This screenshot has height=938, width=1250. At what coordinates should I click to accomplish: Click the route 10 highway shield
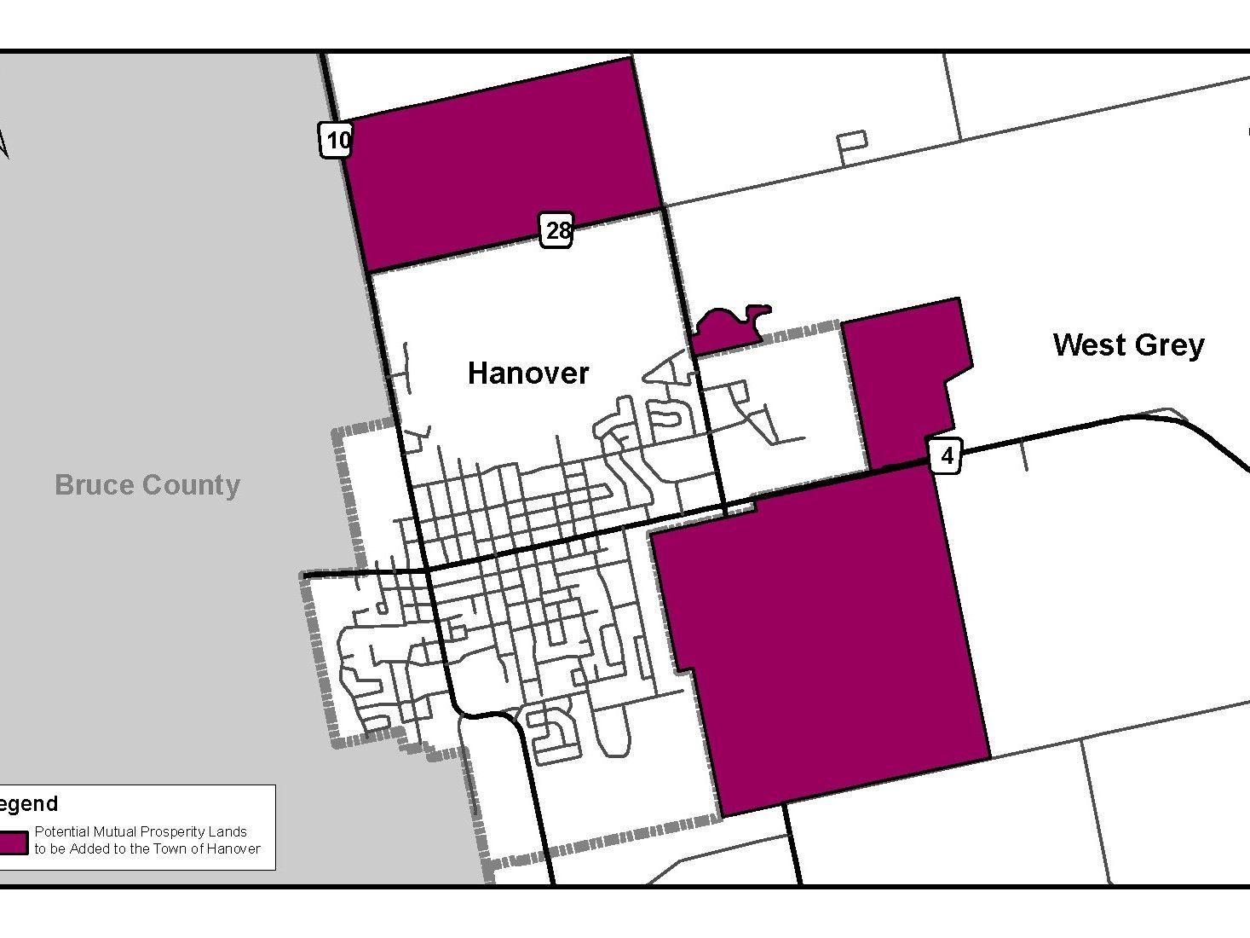(x=337, y=140)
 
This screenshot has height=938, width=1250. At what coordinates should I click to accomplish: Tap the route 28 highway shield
(x=557, y=231)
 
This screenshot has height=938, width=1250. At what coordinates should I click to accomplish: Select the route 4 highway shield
(x=947, y=456)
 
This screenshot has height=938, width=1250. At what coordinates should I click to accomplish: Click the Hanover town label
(x=528, y=373)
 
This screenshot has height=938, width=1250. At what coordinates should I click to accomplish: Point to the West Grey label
(x=1128, y=345)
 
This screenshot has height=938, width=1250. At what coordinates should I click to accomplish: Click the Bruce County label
(x=147, y=485)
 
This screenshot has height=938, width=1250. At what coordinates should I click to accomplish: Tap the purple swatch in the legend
(x=14, y=842)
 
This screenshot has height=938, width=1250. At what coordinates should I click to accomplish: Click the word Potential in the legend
(x=61, y=831)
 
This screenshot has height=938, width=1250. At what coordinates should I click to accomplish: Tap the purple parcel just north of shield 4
(x=903, y=384)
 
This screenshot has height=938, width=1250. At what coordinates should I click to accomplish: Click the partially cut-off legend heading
(x=29, y=803)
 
